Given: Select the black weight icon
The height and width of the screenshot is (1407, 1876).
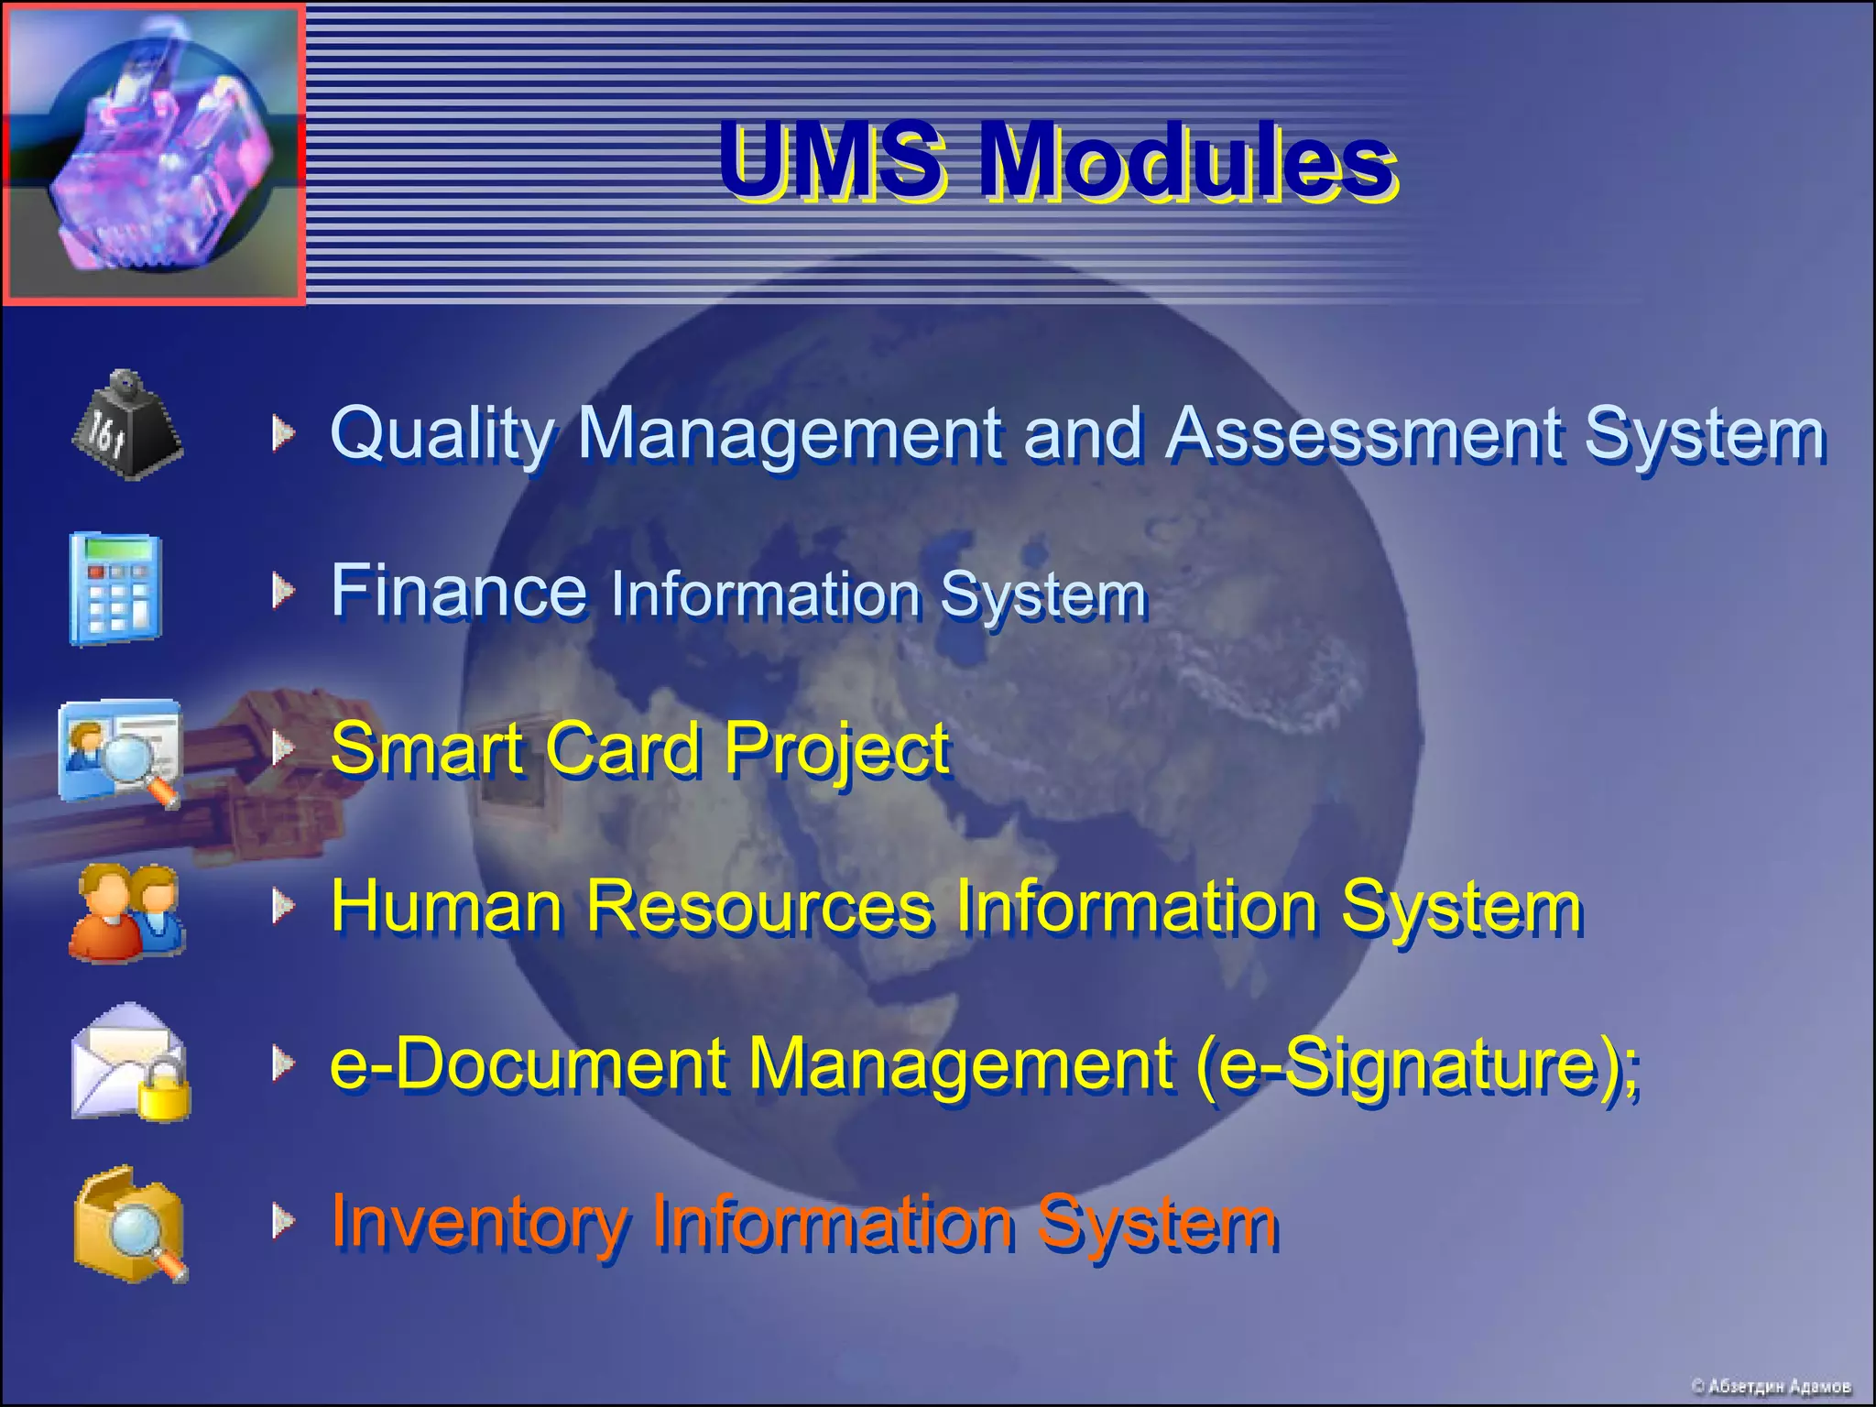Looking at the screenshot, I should (127, 425).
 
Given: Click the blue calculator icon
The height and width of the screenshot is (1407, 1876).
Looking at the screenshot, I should (115, 588).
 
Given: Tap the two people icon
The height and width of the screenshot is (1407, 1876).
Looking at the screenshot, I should (127, 912).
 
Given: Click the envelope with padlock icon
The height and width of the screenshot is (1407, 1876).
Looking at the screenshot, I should (131, 1063).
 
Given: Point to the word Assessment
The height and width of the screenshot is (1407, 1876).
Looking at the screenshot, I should (1365, 433).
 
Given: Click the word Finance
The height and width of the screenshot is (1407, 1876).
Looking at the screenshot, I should (458, 591).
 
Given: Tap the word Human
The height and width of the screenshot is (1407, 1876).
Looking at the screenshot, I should (446, 906).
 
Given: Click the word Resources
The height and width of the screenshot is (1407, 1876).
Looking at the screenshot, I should (758, 906).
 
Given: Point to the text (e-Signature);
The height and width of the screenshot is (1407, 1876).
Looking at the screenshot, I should (1416, 1064).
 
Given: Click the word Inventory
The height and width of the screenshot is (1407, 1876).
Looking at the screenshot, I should (478, 1222).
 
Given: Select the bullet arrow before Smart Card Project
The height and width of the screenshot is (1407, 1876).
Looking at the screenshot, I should (283, 747).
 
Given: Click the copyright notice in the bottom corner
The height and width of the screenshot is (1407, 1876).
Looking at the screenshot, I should (1770, 1386).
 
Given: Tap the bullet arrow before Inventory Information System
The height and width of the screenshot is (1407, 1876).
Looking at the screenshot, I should (283, 1220).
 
